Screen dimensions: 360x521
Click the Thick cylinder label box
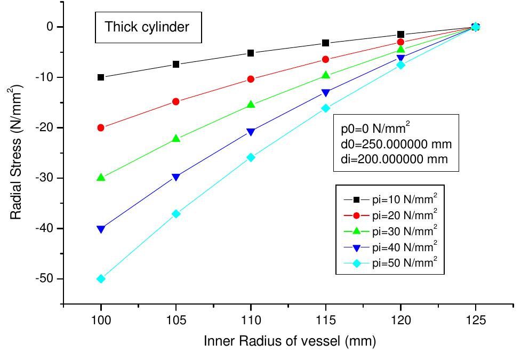pos(147,27)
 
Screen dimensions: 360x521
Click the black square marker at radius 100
pos(101,77)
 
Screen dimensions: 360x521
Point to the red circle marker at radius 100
pos(101,128)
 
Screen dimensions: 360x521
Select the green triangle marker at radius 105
pos(176,139)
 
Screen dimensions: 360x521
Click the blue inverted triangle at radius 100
pos(101,229)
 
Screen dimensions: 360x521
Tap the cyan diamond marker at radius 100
pos(101,279)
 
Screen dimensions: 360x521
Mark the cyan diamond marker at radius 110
pos(251,157)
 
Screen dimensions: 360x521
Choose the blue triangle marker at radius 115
pos(326,93)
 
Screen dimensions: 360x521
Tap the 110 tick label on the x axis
pos(251,320)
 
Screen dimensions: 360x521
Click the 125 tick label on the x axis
pos(476,320)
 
